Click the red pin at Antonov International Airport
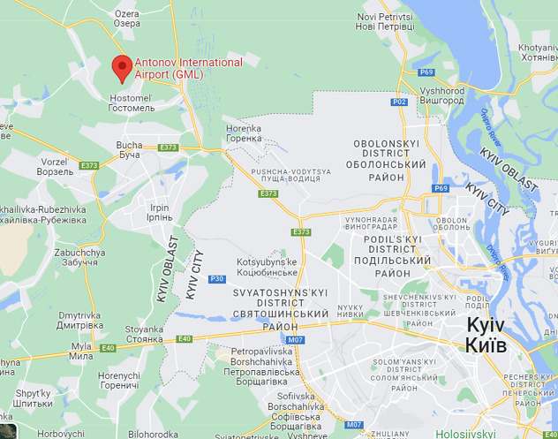tap(123, 67)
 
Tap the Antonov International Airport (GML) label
tap(188, 68)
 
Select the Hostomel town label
tap(131, 101)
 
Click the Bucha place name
tap(129, 149)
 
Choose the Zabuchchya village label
tap(79, 257)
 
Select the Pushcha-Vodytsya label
tap(290, 174)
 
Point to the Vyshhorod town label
tap(442, 95)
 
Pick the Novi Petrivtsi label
tap(384, 22)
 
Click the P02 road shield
tap(400, 102)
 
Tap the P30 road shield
tap(217, 280)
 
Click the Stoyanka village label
tap(144, 334)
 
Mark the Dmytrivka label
tap(84, 320)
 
